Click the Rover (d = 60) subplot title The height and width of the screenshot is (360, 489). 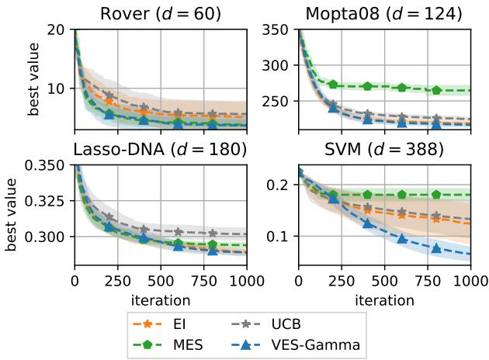[160, 13]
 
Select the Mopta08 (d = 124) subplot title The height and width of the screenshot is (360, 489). [384, 13]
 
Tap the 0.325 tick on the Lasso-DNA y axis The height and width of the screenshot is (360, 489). [49, 201]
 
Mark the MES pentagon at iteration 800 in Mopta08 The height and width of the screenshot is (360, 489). [436, 90]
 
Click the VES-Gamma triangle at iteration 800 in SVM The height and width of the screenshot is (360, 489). [436, 248]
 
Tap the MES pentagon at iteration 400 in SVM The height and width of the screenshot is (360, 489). [368, 195]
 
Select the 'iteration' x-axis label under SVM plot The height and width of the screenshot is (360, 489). [384, 299]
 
